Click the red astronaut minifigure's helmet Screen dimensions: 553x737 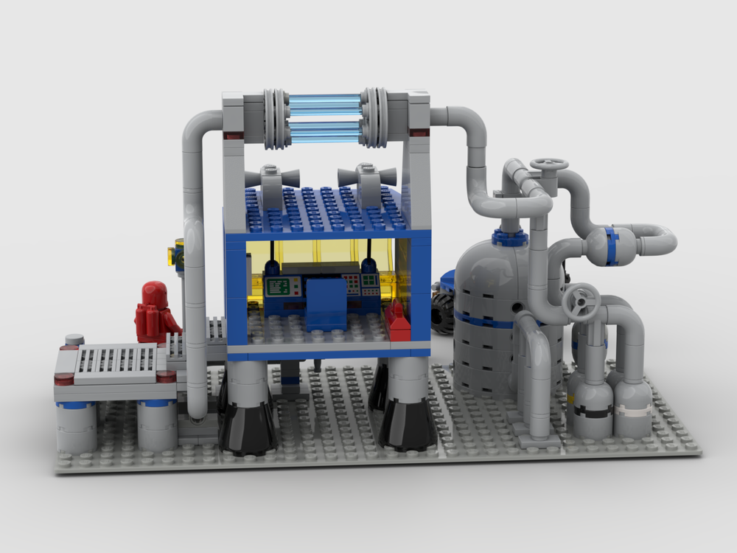(155, 293)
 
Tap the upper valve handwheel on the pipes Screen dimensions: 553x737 (549, 164)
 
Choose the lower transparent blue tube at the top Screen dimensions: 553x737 (324, 131)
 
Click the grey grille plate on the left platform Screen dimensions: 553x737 (116, 361)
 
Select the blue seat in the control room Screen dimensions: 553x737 (326, 302)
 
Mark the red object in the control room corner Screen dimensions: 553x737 (398, 321)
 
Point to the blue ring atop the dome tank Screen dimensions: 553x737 (509, 237)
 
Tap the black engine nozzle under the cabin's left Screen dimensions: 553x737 (247, 428)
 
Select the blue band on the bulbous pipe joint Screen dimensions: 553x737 (611, 246)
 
